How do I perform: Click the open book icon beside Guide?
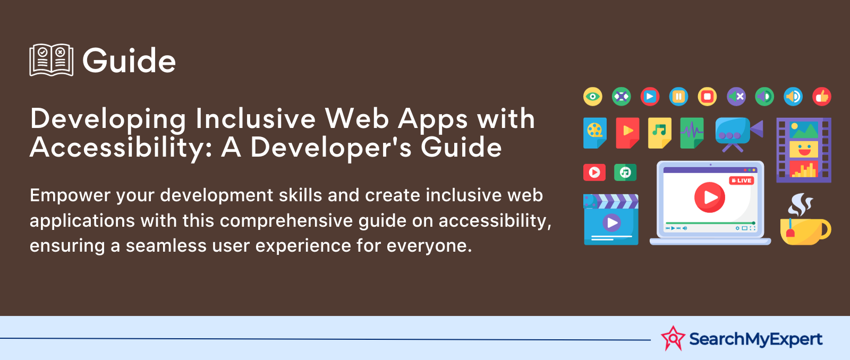point(51,60)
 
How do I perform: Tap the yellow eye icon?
point(593,96)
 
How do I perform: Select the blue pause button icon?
point(678,96)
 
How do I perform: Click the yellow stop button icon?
point(707,96)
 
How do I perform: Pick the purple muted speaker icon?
point(736,96)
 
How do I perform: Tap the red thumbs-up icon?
point(822,96)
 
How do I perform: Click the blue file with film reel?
point(595,133)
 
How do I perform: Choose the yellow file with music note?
point(659,133)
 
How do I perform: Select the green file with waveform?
point(692,133)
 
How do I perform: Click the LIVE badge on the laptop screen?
point(742,181)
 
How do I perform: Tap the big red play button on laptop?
point(710,198)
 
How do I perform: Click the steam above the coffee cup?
point(800,205)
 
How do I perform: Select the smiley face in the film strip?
point(804,149)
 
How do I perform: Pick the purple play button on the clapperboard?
point(611,222)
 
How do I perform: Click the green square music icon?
point(625,173)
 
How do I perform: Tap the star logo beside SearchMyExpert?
point(673,338)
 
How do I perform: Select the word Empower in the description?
point(70,196)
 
